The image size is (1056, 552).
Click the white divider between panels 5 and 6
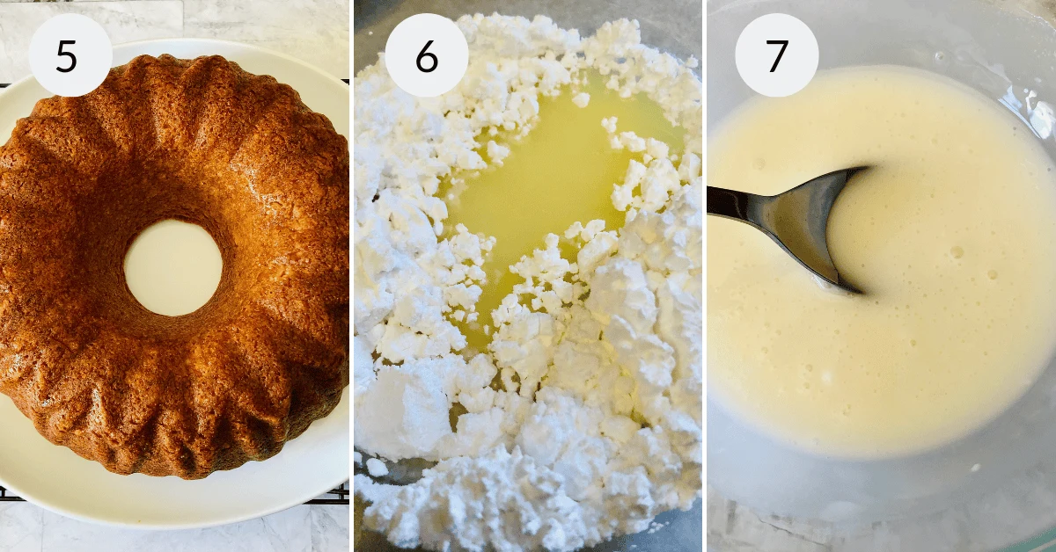352,276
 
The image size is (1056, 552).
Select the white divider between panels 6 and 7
704,276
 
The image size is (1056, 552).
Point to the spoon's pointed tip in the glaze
859,289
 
